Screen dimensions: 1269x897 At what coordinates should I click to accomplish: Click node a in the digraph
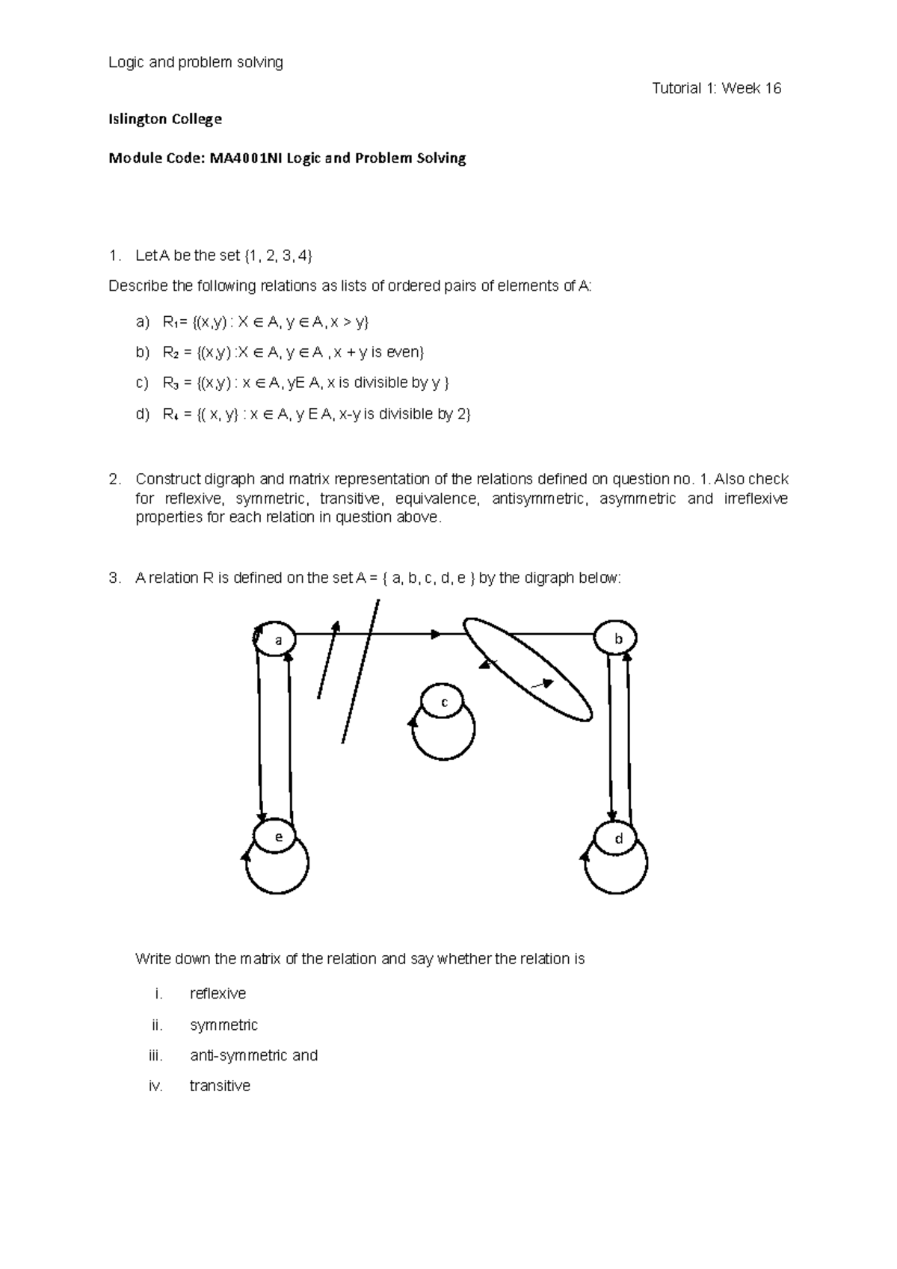278,640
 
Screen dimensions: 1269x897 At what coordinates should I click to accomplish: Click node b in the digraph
617,639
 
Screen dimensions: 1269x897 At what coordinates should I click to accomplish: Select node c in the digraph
444,702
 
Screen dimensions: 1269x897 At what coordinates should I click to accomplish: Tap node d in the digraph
618,839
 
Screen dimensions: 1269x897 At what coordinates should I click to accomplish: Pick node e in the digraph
278,837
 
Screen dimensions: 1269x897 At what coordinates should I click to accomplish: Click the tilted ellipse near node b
528,669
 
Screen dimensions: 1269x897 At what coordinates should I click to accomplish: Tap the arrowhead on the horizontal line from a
435,634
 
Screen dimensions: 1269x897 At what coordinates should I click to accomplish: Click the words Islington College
165,119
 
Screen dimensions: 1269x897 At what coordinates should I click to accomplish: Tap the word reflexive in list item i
218,993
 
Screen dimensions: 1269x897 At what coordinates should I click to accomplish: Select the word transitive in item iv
220,1086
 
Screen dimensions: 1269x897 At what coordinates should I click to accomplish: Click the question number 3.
114,578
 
